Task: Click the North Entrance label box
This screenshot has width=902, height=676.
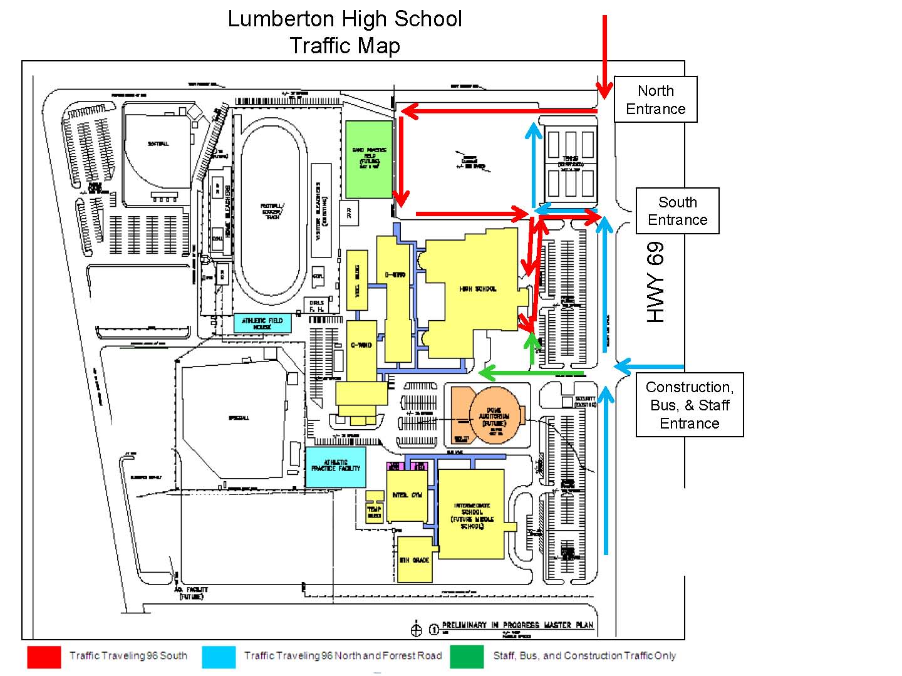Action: [655, 100]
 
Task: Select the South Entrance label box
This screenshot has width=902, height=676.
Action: [677, 211]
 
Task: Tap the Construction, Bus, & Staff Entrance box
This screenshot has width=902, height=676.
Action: [689, 405]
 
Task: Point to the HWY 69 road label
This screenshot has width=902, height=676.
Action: [655, 283]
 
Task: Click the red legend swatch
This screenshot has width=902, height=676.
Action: [44, 657]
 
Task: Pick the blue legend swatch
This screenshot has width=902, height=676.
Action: [219, 657]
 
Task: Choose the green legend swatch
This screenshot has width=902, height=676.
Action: [467, 657]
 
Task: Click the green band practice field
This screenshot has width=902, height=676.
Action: [369, 159]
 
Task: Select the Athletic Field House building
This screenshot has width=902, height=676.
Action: [262, 323]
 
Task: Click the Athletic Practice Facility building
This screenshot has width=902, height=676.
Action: [336, 467]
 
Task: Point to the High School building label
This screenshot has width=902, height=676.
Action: [478, 289]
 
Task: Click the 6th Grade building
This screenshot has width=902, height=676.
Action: [415, 559]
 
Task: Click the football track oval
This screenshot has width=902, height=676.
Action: [273, 207]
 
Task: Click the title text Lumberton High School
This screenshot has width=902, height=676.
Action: [345, 19]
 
